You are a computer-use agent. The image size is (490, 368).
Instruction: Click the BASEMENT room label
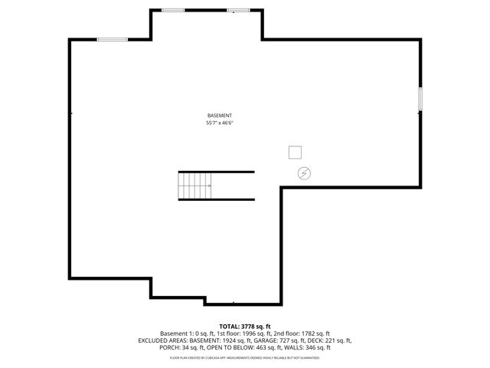pyautogui.click(x=219, y=115)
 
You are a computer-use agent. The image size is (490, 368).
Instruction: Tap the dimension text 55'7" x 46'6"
pyautogui.click(x=219, y=123)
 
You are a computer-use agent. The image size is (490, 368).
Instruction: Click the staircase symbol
pyautogui.click(x=195, y=185)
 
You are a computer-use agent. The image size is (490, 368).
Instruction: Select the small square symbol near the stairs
pyautogui.click(x=295, y=151)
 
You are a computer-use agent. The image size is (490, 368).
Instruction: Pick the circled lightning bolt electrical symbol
pyautogui.click(x=305, y=173)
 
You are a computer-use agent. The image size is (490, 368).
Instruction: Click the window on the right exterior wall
pyautogui.click(x=420, y=99)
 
